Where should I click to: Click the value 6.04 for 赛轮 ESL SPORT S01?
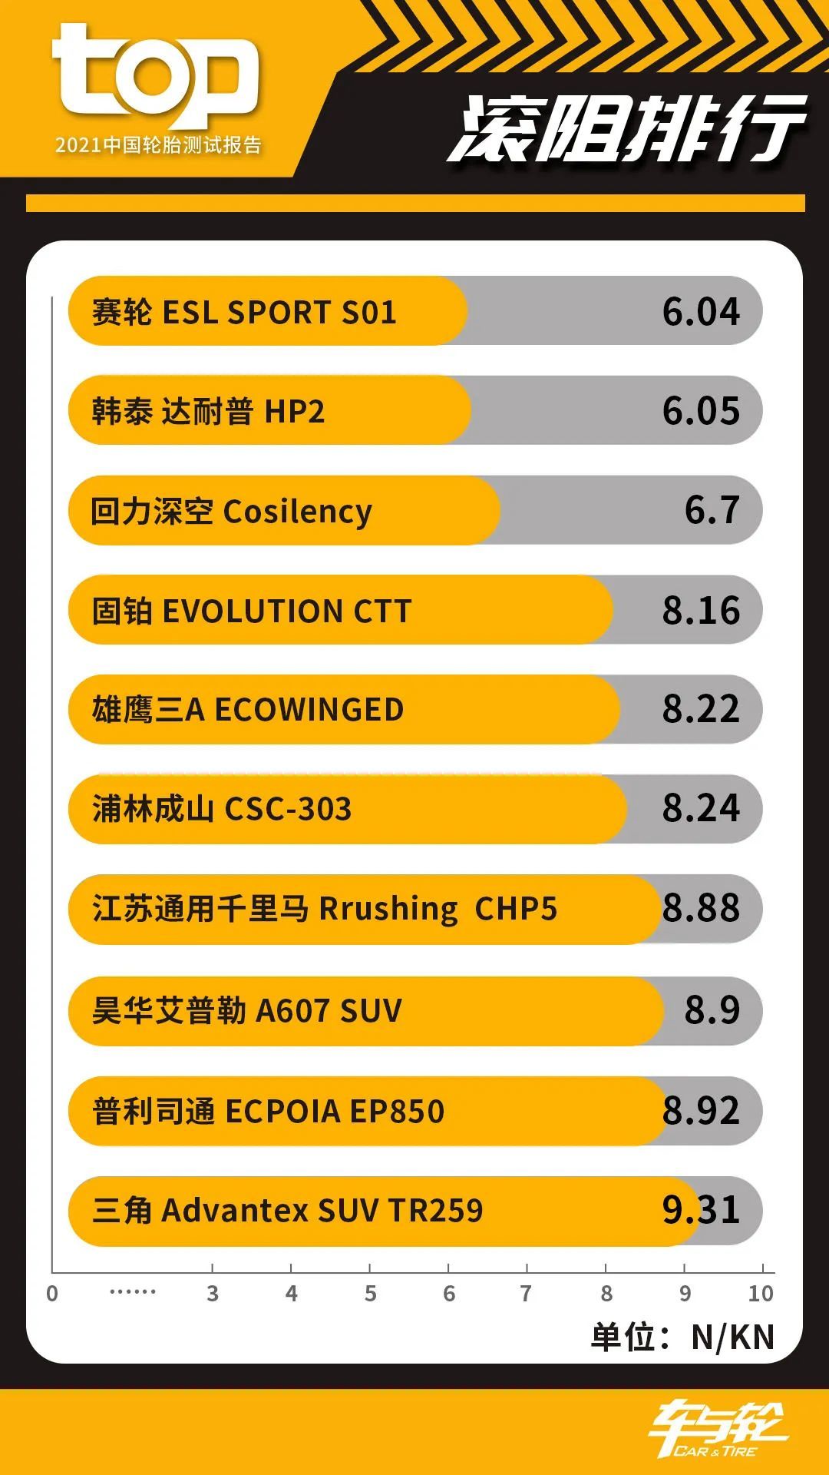[x=701, y=312]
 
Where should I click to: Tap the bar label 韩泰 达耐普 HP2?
[x=208, y=412]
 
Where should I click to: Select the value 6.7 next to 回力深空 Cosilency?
[x=712, y=510]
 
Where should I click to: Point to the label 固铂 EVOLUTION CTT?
[x=252, y=612]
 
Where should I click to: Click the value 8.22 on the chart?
[x=701, y=709]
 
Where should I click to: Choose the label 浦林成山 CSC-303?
[x=222, y=809]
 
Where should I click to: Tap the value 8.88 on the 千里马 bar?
[x=701, y=908]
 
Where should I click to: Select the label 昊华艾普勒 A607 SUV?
[x=247, y=1010]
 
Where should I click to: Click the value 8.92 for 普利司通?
[x=701, y=1111]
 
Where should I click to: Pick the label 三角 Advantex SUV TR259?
[x=288, y=1211]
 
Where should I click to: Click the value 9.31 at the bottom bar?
[x=701, y=1211]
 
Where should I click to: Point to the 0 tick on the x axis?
[x=52, y=1294]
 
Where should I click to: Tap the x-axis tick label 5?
[x=370, y=1294]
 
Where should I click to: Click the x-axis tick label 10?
[x=761, y=1294]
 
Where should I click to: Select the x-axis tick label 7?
[x=526, y=1294]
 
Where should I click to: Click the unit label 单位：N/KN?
[x=682, y=1337]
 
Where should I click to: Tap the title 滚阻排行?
[x=626, y=129]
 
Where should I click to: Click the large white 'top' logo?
[x=155, y=75]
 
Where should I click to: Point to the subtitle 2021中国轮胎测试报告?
[x=158, y=145]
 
